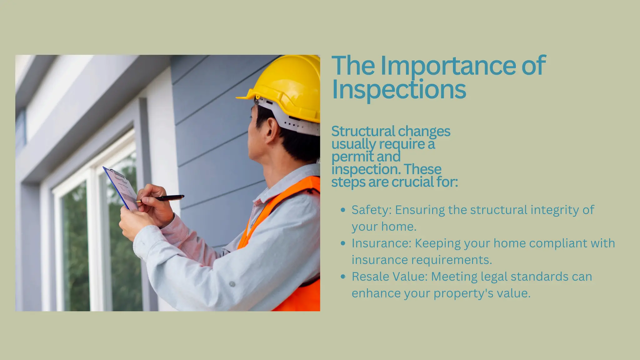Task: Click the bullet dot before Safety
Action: [x=343, y=210]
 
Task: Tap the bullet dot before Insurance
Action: [x=343, y=243]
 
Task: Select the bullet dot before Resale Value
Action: [x=343, y=277]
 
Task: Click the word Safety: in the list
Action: [x=371, y=210]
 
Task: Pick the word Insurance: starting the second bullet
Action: [x=381, y=243]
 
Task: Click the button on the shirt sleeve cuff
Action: [x=232, y=284]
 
